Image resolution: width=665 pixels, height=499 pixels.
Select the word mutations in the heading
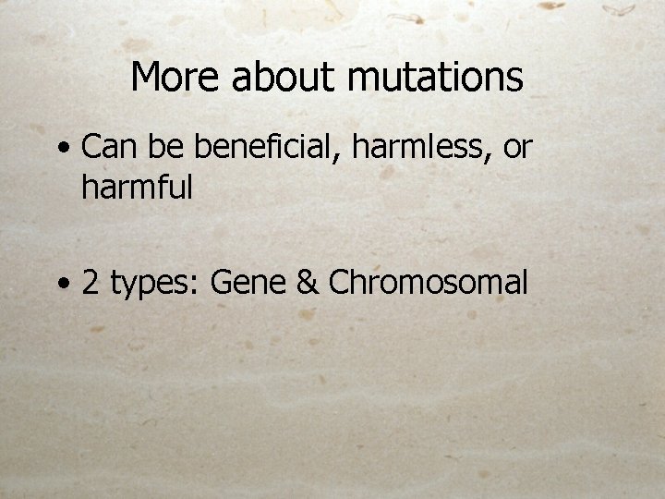(x=435, y=78)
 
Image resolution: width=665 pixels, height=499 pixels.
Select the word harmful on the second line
(x=137, y=188)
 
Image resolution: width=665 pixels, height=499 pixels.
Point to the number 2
(x=91, y=283)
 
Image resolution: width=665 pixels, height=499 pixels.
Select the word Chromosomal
(x=428, y=283)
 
